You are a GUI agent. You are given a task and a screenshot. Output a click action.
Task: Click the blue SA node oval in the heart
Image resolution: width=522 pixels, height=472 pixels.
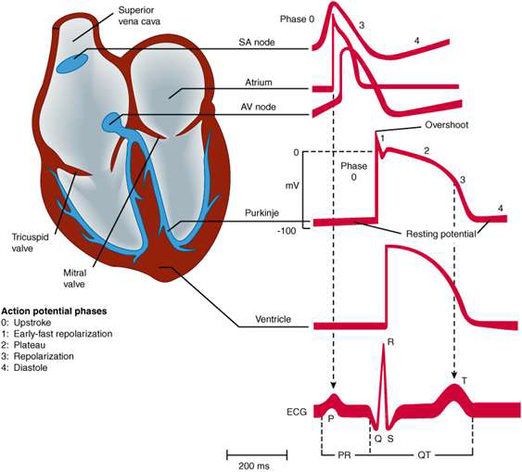pos(72,61)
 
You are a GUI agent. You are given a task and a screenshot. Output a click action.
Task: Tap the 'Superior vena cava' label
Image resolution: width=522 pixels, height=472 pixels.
pos(139,16)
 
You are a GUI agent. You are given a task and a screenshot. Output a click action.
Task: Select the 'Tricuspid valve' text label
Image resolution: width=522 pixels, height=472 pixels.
pos(31,243)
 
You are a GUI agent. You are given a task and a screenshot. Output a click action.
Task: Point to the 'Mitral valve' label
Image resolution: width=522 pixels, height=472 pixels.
pos(74,278)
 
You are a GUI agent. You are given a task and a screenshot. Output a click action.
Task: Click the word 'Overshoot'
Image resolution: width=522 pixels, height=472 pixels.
pos(446,125)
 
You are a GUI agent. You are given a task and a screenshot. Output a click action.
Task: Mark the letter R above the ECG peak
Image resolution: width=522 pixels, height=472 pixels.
pos(391,342)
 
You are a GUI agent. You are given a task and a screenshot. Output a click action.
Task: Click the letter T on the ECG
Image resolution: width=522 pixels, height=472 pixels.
pos(465,380)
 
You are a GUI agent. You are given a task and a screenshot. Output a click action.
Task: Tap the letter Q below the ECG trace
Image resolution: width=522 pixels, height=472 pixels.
pos(378,439)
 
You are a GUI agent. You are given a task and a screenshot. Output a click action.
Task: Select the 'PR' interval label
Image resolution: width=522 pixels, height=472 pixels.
pos(344,454)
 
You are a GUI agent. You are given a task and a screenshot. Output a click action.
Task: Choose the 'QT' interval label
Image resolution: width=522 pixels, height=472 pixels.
pos(424,454)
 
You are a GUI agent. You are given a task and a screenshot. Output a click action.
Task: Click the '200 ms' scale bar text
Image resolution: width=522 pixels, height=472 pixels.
pos(254,466)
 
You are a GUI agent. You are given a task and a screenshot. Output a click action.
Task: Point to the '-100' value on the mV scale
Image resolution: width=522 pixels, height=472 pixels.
pos(286,231)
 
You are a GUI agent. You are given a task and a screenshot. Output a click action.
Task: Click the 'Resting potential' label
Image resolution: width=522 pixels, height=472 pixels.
pos(440,234)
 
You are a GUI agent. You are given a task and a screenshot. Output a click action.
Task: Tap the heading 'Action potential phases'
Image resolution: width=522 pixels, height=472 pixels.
pos(55,312)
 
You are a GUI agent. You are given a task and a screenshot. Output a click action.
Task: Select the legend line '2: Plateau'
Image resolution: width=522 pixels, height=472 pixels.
pos(23,345)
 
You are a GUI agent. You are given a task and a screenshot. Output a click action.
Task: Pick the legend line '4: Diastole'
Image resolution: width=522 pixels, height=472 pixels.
pos(24,368)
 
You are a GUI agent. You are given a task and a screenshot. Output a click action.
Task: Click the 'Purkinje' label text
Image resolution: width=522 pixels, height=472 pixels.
pos(261,213)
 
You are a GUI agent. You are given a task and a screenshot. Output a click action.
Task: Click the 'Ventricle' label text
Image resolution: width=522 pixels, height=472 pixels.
pos(273,319)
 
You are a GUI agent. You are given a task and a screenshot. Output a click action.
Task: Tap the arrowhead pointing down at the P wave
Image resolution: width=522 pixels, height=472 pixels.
pos(333,385)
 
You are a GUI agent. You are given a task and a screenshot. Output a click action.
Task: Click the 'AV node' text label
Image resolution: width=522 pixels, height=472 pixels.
pos(259,107)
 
